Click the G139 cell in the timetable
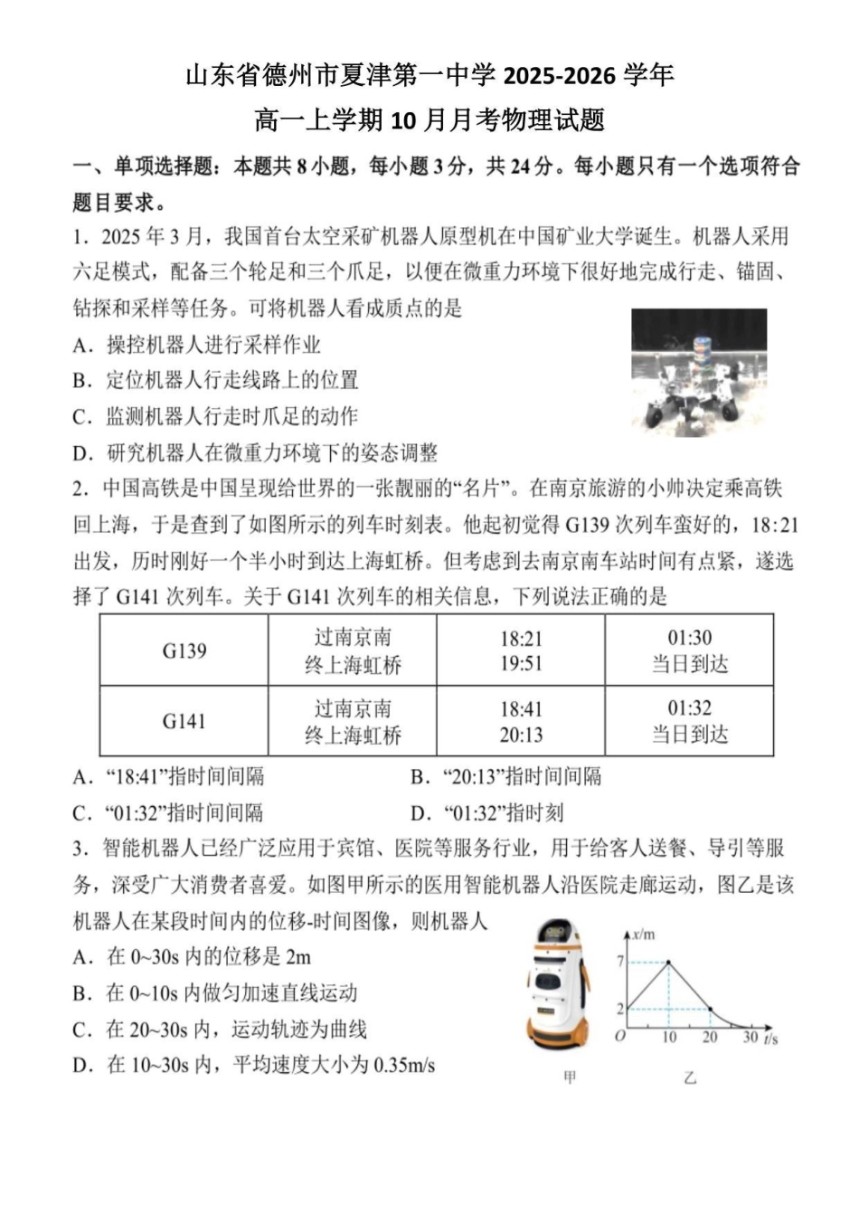coord(184,650)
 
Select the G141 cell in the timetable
coord(184,721)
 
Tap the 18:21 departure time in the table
coord(521,639)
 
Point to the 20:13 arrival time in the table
coord(521,735)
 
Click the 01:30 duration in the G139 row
coord(689,638)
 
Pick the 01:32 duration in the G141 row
coord(689,708)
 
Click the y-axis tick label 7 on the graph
coord(620,961)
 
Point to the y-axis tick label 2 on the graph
coord(620,1008)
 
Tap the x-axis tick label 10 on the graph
coord(668,1038)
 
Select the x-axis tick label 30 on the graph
coord(750,1037)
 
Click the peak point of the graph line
coord(668,963)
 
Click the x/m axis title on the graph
coord(644,935)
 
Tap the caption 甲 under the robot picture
coord(570,1077)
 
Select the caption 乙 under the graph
coord(690,1077)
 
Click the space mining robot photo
coord(698,371)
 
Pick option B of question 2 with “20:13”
coord(505,776)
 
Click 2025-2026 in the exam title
coord(562,74)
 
